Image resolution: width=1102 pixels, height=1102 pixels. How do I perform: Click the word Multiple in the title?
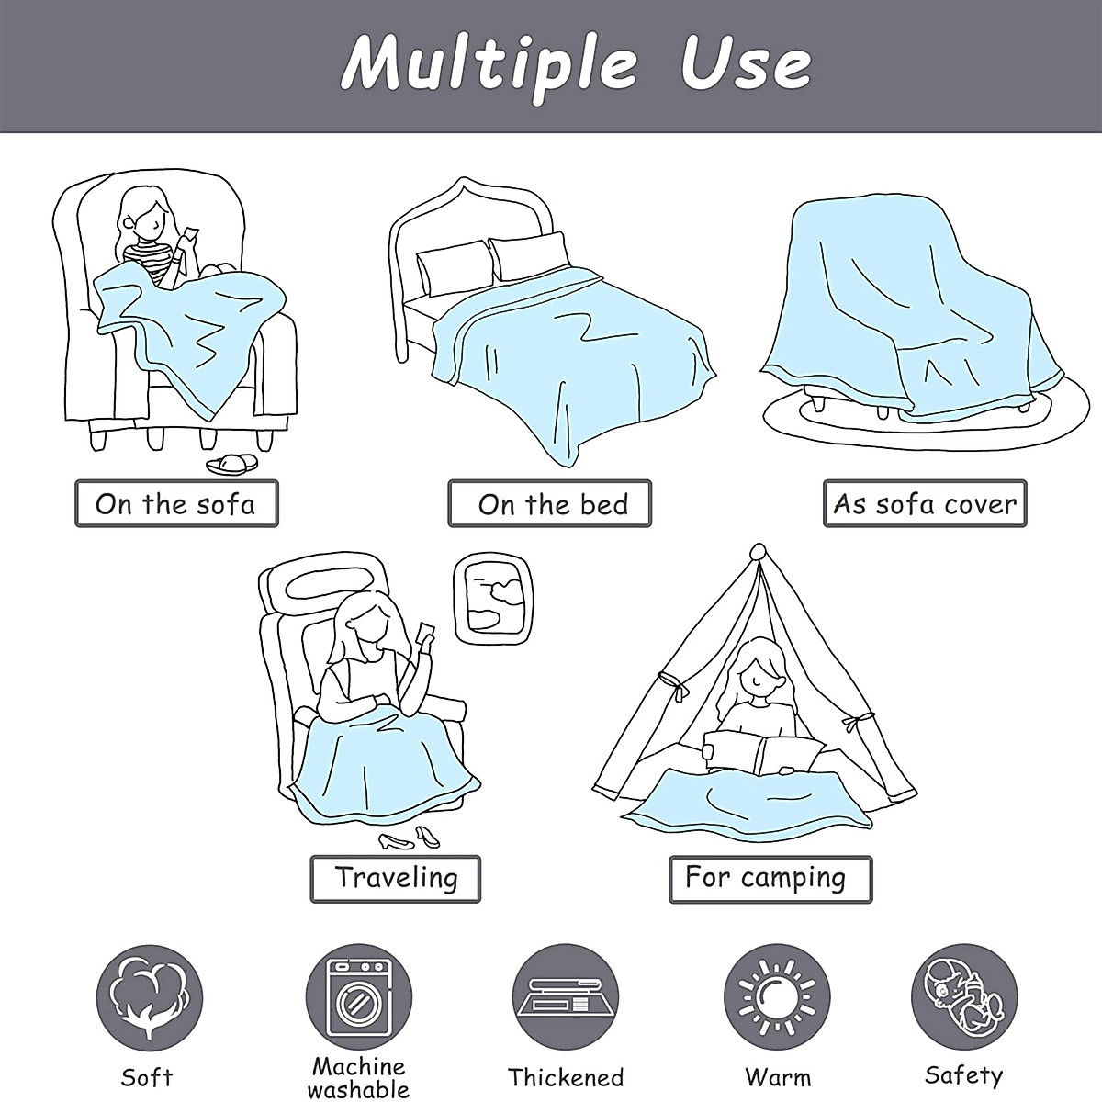click(x=488, y=67)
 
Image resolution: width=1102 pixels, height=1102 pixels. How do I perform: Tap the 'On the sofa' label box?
click(x=176, y=503)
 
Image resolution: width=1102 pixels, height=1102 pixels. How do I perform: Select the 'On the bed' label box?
click(x=549, y=503)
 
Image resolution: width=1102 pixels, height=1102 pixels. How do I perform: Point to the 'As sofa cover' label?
click(x=925, y=503)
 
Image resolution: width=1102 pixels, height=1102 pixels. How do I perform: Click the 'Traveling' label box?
click(x=395, y=879)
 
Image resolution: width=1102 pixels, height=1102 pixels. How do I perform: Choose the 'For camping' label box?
click(x=770, y=879)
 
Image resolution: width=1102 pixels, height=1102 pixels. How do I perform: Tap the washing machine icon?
click(x=358, y=997)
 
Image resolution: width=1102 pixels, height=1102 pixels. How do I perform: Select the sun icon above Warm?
click(x=777, y=997)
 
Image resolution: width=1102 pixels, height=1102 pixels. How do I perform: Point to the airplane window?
click(x=493, y=599)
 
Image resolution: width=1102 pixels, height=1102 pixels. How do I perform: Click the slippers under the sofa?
click(x=231, y=464)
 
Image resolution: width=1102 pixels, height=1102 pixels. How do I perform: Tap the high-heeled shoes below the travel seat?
click(x=410, y=838)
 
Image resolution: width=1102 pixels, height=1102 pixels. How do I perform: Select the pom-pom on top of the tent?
click(x=759, y=553)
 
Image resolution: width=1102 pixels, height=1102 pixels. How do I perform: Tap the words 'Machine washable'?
click(x=358, y=1078)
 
